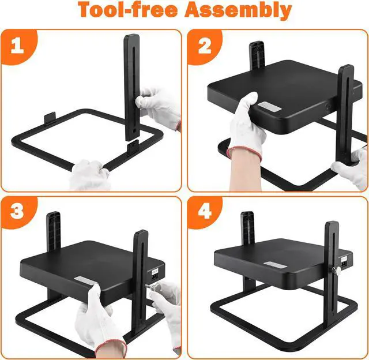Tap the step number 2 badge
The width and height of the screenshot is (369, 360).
[x=205, y=46]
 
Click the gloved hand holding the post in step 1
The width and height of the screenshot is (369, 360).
[x=158, y=104]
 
